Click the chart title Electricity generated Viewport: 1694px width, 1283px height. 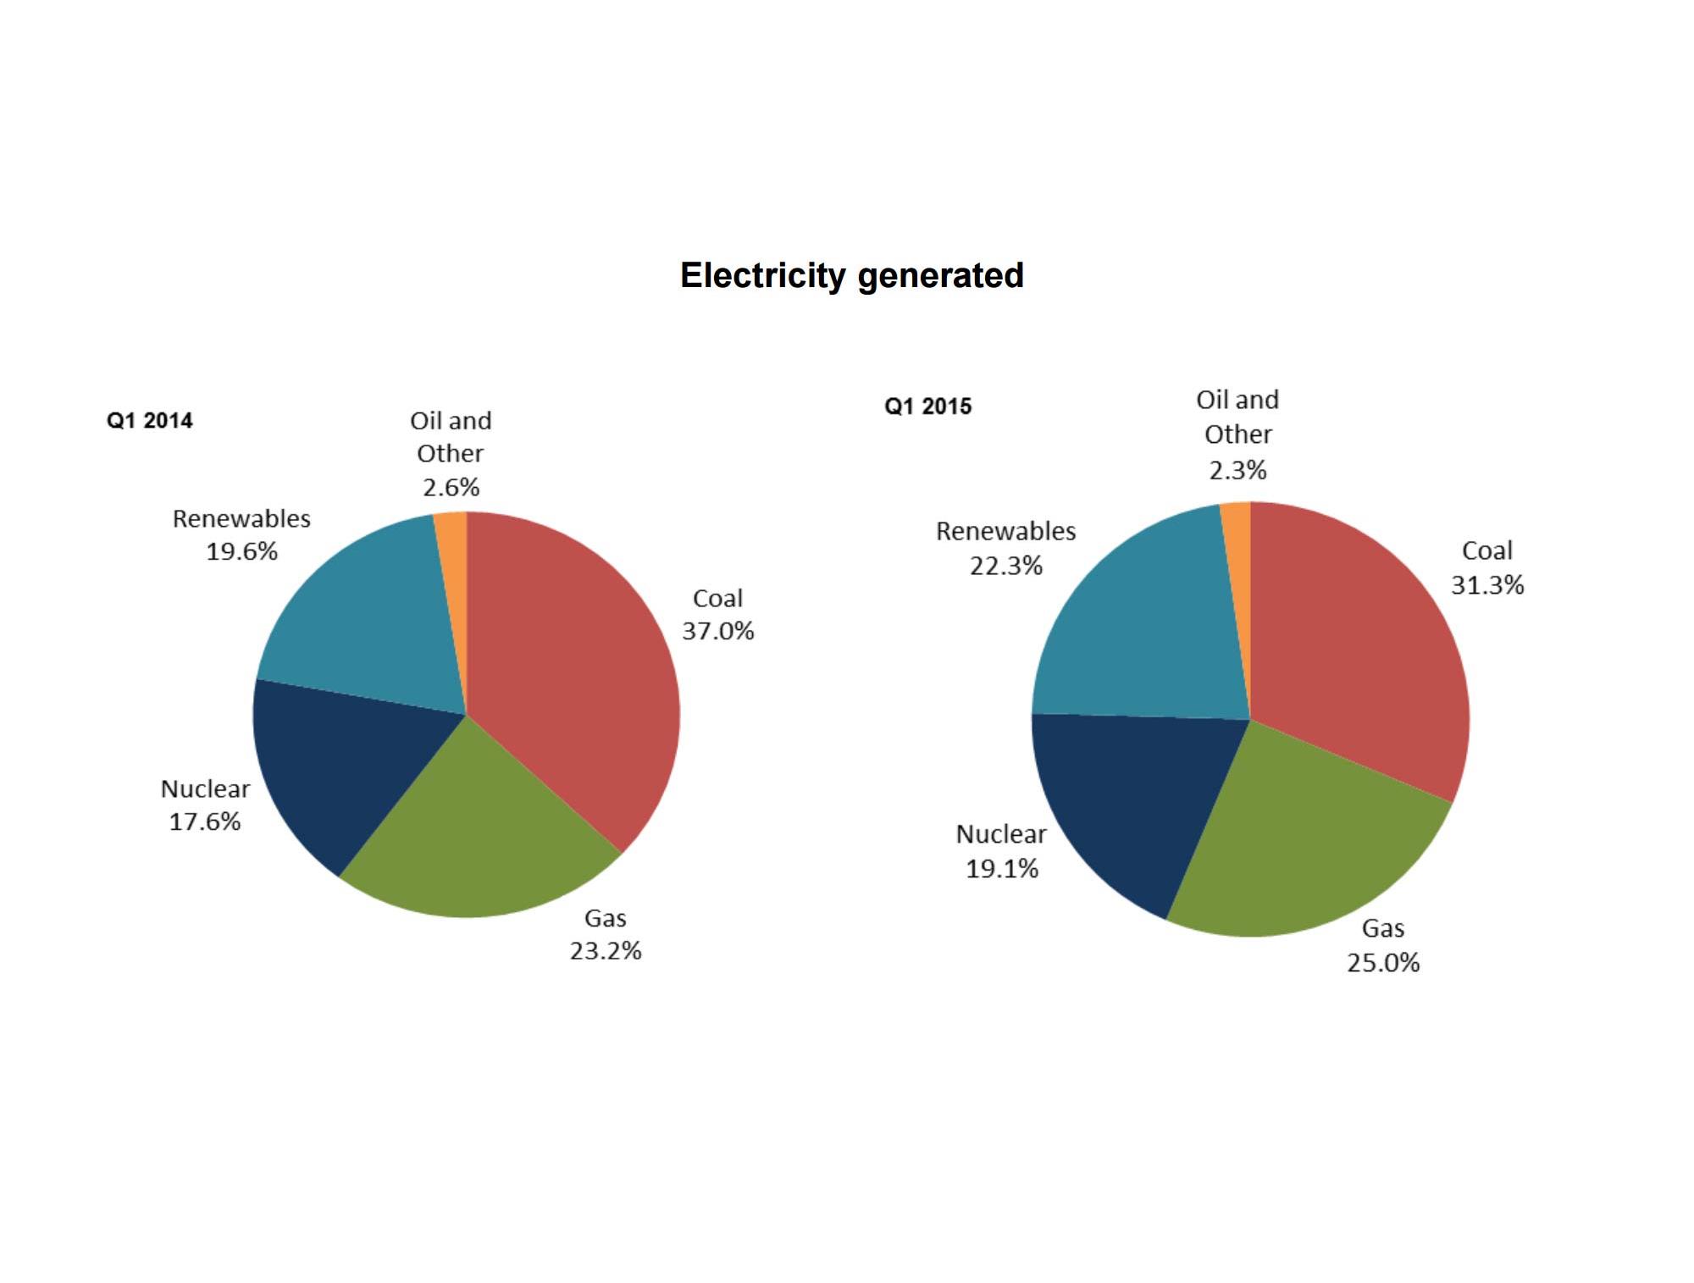coord(851,276)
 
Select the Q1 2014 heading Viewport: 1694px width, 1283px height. coord(149,421)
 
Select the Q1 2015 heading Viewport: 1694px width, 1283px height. coord(927,406)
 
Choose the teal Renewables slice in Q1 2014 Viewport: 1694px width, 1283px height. coord(364,618)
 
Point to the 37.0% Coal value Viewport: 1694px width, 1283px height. coord(717,632)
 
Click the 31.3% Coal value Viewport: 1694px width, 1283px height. coord(1487,585)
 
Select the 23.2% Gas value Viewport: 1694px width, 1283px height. coord(605,952)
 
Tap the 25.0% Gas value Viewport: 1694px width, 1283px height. coord(1383,963)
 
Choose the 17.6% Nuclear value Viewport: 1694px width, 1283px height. coord(205,822)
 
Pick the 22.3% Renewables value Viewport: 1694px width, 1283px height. coord(1005,566)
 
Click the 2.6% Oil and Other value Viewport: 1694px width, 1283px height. coord(451,488)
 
